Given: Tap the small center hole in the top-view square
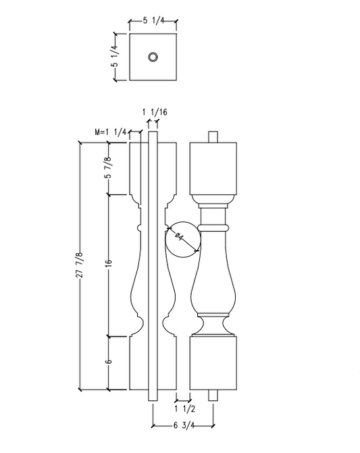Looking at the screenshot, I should [x=153, y=57].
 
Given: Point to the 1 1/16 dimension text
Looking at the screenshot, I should [x=154, y=111].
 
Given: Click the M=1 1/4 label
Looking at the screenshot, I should [x=112, y=132].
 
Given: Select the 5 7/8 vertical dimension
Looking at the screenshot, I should [x=108, y=168].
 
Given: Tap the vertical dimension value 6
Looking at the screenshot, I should [x=108, y=363].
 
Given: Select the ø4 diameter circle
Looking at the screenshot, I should [x=182, y=238].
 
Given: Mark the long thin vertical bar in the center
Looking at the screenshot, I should [x=153, y=263].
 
